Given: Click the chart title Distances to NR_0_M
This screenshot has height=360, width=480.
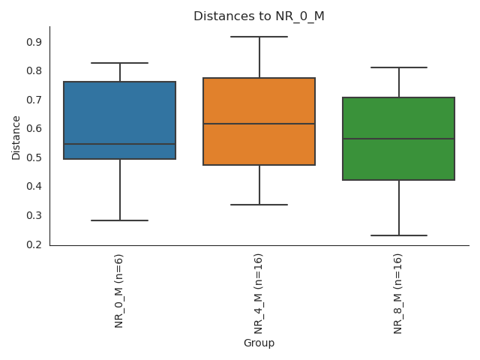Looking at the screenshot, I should click(259, 16).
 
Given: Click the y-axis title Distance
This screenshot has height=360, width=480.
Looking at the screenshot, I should click(16, 136).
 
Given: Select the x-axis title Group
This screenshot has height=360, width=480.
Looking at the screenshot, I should click(259, 343).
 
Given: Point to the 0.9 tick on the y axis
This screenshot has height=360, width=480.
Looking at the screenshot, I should click(34, 42).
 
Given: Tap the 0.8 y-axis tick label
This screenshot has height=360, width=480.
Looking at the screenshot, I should click(34, 71).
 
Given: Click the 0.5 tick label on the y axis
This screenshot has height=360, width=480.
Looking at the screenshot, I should click(34, 157).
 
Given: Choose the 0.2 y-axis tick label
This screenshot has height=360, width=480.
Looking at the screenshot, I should click(34, 244).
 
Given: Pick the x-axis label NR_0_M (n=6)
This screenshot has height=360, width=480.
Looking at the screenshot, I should click(119, 290).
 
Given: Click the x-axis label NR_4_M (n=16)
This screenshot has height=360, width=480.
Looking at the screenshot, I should click(259, 293).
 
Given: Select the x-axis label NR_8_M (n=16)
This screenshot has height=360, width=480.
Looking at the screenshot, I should click(398, 293).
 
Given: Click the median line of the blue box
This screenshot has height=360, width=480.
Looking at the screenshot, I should click(120, 144).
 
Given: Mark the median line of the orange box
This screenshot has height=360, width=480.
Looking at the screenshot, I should click(259, 124).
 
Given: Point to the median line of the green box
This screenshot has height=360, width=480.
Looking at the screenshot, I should click(398, 139).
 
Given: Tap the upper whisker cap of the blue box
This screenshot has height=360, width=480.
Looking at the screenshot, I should click(120, 63).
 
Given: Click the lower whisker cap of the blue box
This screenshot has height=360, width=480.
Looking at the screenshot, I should click(120, 220).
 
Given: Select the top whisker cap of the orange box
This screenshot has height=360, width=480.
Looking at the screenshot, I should click(259, 37).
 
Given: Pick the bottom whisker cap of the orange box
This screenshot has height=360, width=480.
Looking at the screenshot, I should click(259, 205).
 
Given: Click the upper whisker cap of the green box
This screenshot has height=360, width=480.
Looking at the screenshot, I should click(398, 67).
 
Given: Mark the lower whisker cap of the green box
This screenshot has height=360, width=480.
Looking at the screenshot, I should click(398, 235).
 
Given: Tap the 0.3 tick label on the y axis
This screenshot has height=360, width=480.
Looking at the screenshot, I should click(34, 215).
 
